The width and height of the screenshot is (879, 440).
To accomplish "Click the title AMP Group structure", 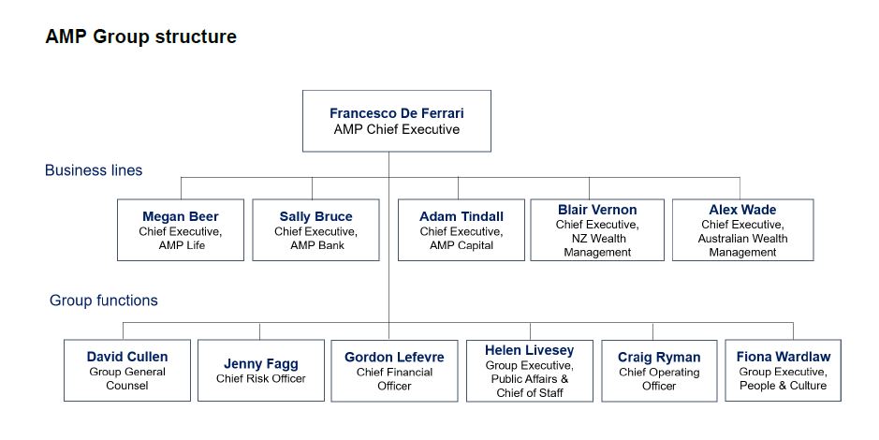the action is tap(140, 37).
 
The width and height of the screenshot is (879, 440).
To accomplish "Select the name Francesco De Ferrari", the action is tap(396, 113).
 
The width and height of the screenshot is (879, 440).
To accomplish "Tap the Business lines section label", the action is tap(94, 170).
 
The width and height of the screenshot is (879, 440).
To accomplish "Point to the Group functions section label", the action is tap(104, 301).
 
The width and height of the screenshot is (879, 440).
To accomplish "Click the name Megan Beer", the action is tap(181, 216).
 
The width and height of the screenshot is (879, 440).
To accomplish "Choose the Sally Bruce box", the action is tap(315, 229).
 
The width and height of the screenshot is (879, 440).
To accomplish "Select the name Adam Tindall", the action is tap(461, 216).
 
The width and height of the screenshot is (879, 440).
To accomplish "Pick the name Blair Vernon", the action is tap(597, 210).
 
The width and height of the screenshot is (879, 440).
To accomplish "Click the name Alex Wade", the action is tap(742, 210).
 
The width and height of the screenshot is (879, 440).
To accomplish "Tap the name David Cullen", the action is tap(127, 357).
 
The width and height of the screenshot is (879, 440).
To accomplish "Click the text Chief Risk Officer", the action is tap(261, 378).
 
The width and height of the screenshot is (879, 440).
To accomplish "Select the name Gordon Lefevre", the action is tap(394, 357).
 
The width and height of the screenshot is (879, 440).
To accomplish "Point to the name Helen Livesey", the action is tap(529, 350).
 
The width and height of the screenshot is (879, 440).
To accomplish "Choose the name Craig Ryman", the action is tap(659, 357).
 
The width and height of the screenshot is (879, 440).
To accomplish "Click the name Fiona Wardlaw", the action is tap(784, 357).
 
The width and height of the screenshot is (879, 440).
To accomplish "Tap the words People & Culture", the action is tap(784, 386).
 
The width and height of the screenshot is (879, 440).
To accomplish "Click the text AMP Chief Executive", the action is tap(396, 129).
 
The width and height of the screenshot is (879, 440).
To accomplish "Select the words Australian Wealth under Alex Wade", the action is tap(742, 239).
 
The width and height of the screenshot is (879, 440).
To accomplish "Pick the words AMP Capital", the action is tap(461, 245).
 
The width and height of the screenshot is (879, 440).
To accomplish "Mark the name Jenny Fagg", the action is tap(261, 364).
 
